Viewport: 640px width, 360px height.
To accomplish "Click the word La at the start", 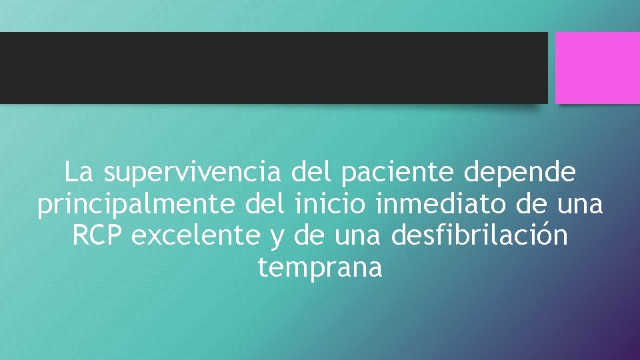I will coord(79,173).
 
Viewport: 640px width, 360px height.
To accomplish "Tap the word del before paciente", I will coord(313,173).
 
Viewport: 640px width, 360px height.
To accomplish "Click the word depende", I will coord(520,173).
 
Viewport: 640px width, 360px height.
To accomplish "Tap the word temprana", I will coord(320,268).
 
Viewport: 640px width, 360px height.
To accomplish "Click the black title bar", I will coord(273,67).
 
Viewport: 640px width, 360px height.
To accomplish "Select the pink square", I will coord(597,67).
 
